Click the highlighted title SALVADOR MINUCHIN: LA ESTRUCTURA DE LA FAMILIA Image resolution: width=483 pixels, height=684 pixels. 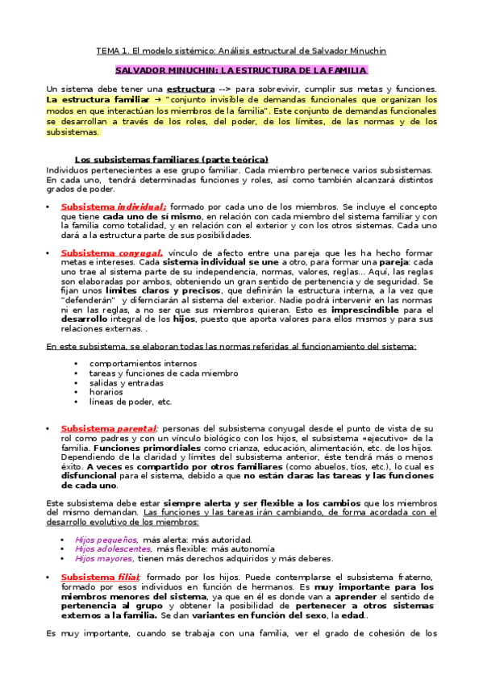pyautogui.click(x=241, y=70)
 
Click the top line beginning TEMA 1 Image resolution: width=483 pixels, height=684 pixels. pyautogui.click(x=241, y=51)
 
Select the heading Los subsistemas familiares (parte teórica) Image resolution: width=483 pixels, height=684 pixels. pyautogui.click(x=171, y=159)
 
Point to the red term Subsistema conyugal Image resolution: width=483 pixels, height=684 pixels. pyautogui.click(x=112, y=253)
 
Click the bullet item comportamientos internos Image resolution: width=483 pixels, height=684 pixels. pyautogui.click(x=139, y=363)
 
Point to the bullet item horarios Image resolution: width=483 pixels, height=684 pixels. pyautogui.click(x=106, y=392)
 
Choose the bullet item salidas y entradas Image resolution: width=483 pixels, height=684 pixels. pyautogui.click(x=127, y=382)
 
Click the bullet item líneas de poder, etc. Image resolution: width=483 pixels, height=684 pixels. pyautogui.click(x=131, y=402)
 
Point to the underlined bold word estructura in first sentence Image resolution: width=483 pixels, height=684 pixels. pyautogui.click(x=191, y=89)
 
